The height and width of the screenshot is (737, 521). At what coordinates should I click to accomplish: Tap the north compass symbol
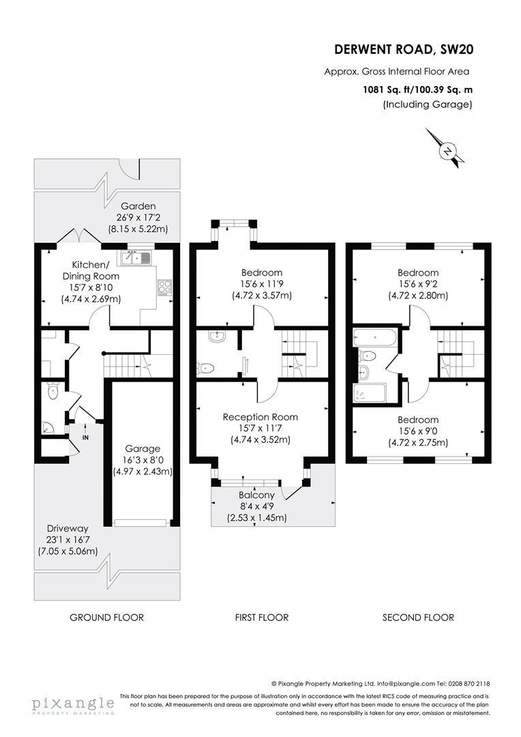[x=447, y=150]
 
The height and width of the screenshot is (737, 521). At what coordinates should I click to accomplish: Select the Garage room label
[x=142, y=449]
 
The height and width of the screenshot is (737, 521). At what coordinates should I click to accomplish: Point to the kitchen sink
[x=137, y=258]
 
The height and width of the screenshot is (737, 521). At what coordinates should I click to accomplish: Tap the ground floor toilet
[x=53, y=392]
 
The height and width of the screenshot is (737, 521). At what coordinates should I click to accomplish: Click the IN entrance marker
[x=86, y=437]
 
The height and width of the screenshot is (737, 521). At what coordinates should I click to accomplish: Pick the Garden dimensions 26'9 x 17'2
[x=139, y=218]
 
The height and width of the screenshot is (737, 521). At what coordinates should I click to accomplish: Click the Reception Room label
[x=260, y=417]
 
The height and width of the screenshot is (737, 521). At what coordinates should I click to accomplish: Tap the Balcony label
[x=256, y=495]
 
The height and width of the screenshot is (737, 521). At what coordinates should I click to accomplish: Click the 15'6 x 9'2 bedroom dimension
[x=419, y=285]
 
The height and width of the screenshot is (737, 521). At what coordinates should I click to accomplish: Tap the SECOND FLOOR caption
[x=418, y=618]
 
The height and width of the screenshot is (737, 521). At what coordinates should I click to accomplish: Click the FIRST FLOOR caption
[x=262, y=618]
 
